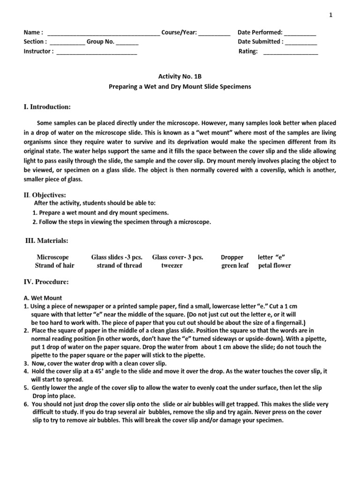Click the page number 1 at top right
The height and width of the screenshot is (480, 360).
click(330, 15)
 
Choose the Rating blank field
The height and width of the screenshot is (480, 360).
click(291, 52)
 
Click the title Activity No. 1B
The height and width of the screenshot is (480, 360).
click(180, 76)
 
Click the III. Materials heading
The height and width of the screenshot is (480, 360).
click(46, 240)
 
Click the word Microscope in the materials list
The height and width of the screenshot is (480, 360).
click(52, 257)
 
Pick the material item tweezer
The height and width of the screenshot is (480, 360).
click(172, 265)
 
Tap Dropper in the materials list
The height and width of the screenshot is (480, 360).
click(232, 257)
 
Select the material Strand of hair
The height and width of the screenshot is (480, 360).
click(54, 265)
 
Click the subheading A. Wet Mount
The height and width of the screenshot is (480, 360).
click(43, 298)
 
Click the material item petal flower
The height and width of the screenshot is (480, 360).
click(274, 265)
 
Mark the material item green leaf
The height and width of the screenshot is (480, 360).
click(235, 265)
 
